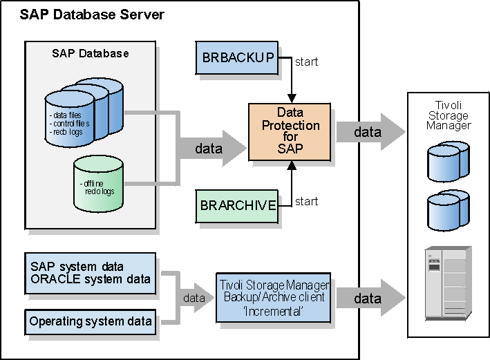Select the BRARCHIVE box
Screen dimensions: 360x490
(x=238, y=205)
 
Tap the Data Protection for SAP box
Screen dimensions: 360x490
(x=290, y=131)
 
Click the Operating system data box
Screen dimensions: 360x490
(x=91, y=321)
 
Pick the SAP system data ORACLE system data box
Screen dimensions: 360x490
(x=91, y=273)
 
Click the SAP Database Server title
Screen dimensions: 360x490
(x=92, y=14)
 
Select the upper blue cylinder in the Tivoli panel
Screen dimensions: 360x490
(x=449, y=160)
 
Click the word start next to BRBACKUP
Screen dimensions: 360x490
(x=307, y=61)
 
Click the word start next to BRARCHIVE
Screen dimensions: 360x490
(x=307, y=202)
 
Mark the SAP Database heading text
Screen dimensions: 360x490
(x=91, y=53)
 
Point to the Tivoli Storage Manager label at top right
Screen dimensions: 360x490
(x=448, y=115)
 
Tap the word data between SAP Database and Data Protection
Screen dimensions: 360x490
(x=208, y=148)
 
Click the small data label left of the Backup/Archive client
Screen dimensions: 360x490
(x=194, y=299)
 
